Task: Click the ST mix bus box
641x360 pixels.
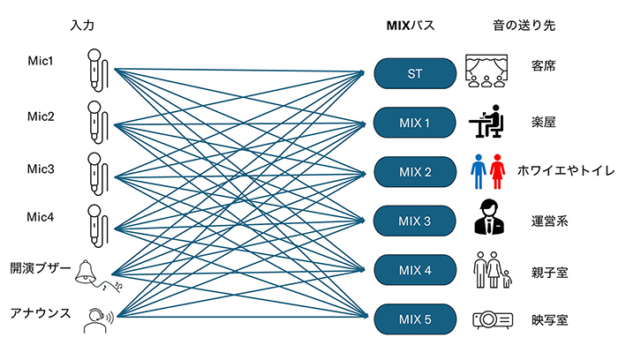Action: click(x=414, y=72)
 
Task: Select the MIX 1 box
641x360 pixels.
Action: click(x=414, y=122)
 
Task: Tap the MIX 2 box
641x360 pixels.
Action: click(x=414, y=171)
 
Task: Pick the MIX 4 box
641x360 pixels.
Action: click(x=414, y=269)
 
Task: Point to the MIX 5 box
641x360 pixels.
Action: click(x=414, y=319)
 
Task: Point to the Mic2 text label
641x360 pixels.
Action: click(x=41, y=116)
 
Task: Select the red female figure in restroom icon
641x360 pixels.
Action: click(x=498, y=170)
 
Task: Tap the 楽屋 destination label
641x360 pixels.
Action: click(x=544, y=121)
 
